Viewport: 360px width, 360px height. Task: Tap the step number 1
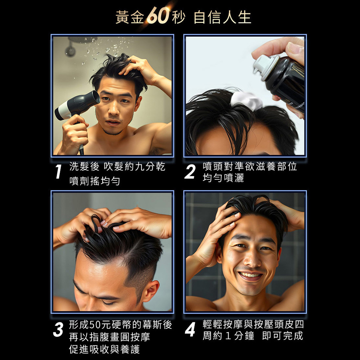(x=59, y=171)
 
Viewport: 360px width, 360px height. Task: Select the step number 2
(x=190, y=171)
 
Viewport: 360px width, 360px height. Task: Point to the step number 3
(x=58, y=329)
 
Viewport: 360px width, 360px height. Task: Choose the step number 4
(x=190, y=329)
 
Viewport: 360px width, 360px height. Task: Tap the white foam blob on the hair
(x=247, y=101)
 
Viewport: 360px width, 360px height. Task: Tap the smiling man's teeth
(x=250, y=275)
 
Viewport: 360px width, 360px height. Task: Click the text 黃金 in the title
(x=130, y=17)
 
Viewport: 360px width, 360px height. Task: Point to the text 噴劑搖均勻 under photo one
(x=95, y=181)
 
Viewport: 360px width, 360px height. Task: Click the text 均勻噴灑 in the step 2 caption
(x=223, y=178)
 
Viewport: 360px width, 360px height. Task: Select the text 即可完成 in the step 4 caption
(x=283, y=336)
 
